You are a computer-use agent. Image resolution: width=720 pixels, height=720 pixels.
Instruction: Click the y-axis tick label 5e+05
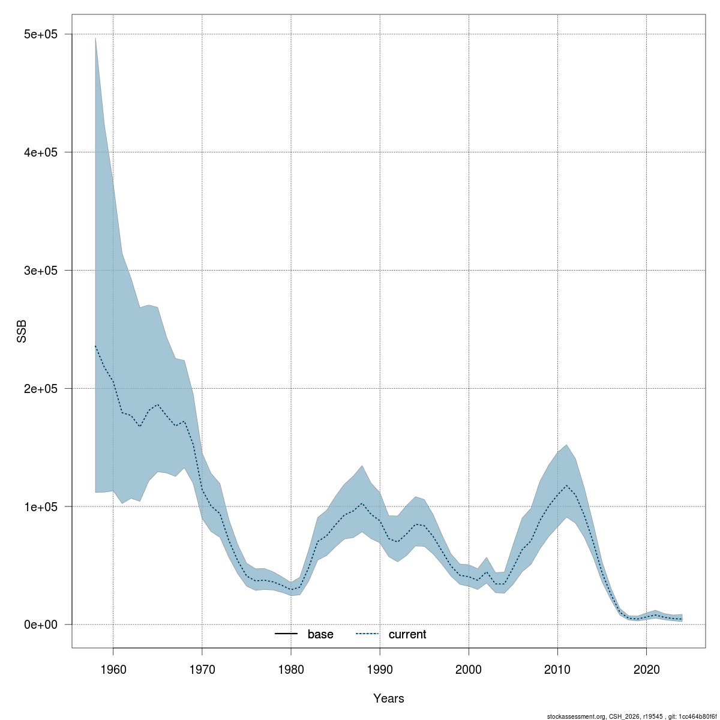point(40,34)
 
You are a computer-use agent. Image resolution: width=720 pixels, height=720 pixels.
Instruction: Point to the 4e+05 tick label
point(40,152)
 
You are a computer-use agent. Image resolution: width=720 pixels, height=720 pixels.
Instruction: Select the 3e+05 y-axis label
point(40,271)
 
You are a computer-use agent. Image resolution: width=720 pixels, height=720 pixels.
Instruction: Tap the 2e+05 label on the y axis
point(40,389)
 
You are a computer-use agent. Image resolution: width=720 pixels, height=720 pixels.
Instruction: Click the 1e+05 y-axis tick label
point(40,506)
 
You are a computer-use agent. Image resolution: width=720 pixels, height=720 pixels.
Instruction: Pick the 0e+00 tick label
point(40,625)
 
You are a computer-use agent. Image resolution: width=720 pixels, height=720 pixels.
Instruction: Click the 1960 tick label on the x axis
point(113,668)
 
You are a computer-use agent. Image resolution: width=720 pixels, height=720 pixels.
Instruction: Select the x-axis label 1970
point(202,668)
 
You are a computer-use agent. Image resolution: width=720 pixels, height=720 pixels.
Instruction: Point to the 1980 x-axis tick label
point(291,668)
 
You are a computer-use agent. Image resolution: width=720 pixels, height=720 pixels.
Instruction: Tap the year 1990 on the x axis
point(380,668)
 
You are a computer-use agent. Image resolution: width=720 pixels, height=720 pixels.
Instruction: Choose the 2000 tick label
point(469,668)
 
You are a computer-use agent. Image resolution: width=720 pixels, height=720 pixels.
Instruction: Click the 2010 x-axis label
point(557,668)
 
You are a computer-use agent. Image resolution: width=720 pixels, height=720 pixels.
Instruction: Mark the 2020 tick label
point(646,668)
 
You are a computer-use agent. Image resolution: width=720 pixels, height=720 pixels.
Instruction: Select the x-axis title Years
point(389,698)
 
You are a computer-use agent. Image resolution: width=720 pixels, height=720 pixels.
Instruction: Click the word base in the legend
point(320,634)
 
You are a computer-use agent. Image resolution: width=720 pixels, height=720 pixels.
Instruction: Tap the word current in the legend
point(407,634)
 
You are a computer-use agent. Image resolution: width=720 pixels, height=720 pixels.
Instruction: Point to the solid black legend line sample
point(287,634)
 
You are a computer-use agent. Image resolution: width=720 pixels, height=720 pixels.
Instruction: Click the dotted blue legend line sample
point(368,634)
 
